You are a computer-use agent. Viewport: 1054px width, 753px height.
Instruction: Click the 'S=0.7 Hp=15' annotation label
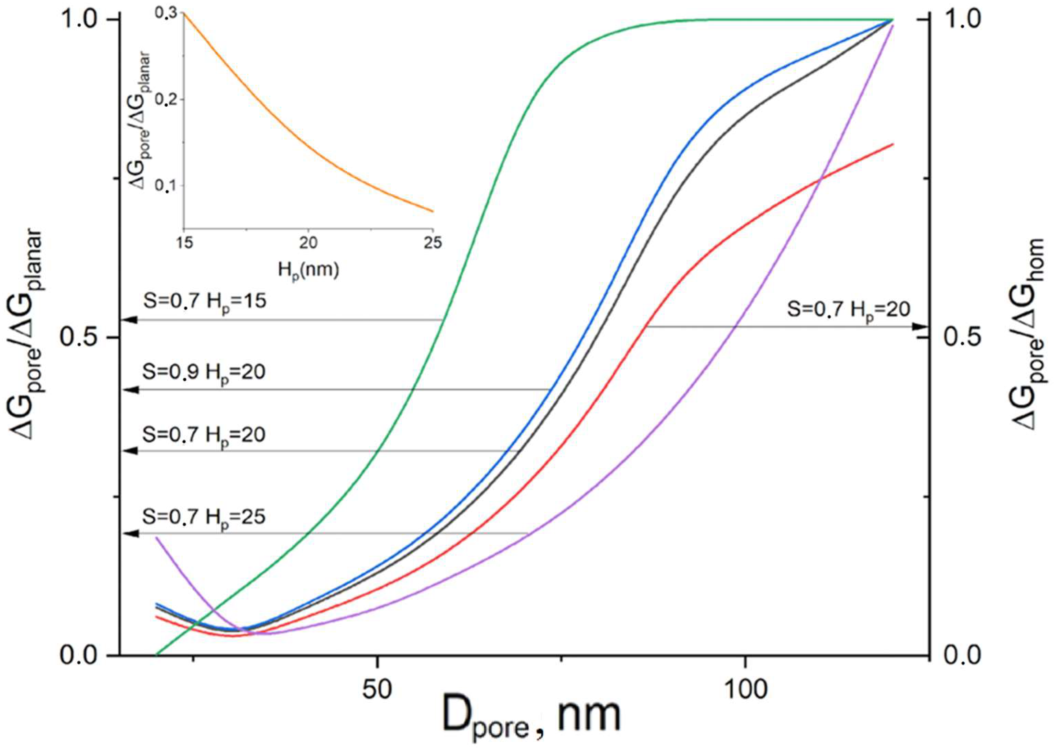click(204, 302)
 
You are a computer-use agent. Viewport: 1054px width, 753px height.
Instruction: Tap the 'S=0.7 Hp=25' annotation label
click(204, 517)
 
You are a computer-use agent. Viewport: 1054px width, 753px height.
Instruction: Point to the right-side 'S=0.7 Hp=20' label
click(848, 310)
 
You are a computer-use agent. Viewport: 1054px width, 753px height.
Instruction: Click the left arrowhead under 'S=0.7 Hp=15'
click(132, 320)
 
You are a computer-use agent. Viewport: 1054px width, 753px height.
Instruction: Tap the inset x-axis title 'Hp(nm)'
click(308, 269)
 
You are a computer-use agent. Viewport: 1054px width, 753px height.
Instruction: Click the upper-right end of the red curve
click(891, 145)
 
